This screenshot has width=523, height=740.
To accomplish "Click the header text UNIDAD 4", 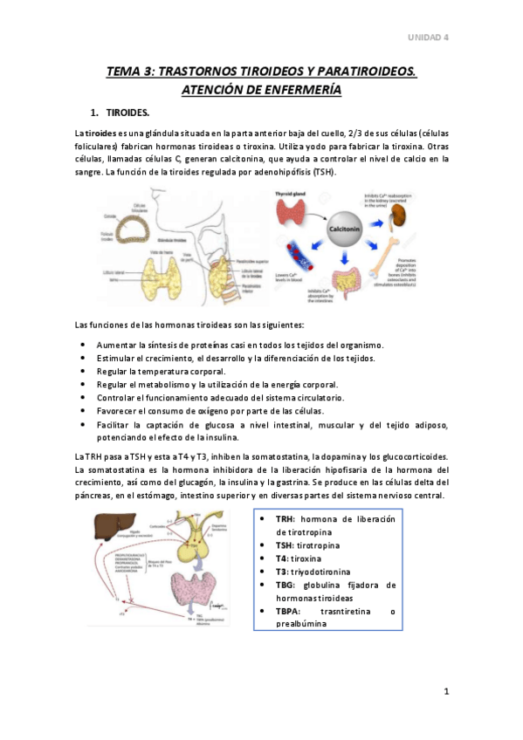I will (x=429, y=38).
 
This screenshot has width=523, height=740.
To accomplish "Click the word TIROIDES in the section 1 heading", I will (x=127, y=113).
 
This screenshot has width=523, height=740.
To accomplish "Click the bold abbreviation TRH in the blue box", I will (x=286, y=519).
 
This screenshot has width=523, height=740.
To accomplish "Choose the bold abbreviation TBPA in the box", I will (x=291, y=611).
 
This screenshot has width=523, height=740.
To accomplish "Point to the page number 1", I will (x=445, y=692).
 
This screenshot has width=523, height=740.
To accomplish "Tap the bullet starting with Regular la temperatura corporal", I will (x=163, y=370).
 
